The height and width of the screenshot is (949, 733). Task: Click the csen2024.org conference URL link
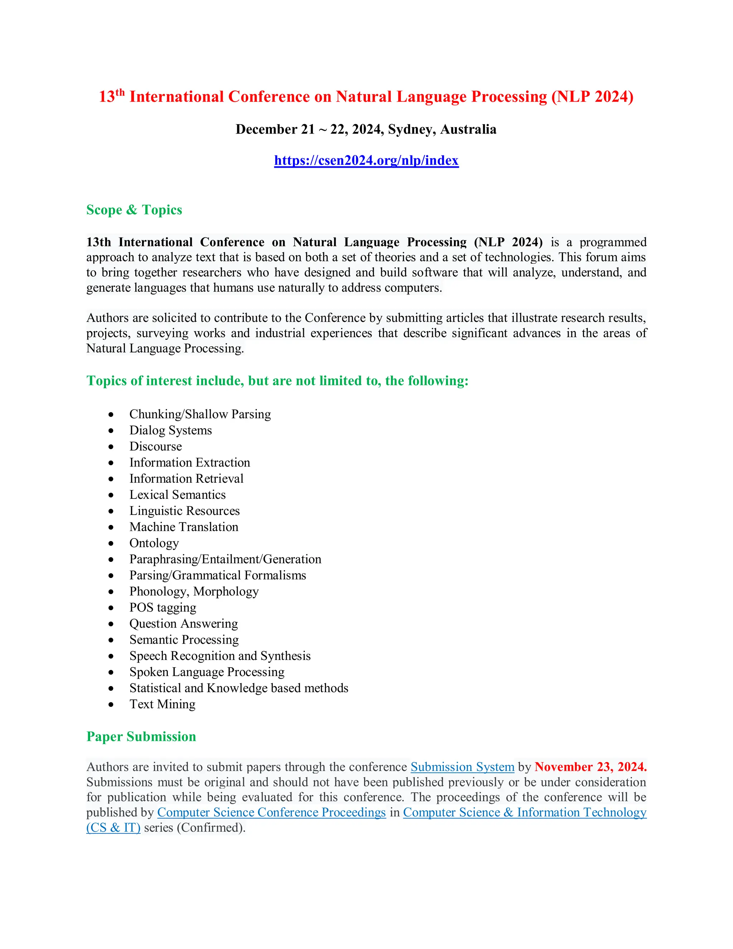tap(366, 160)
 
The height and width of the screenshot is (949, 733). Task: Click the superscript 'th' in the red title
tap(120, 92)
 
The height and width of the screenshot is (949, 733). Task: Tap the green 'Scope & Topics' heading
tap(134, 210)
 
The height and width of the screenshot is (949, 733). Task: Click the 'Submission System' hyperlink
tap(462, 767)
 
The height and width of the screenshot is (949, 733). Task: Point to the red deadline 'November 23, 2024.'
tap(591, 767)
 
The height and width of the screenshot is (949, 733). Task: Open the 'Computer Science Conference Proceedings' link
tap(271, 813)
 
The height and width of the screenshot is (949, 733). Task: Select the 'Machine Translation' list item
tap(184, 527)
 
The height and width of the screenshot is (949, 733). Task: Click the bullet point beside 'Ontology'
tap(111, 544)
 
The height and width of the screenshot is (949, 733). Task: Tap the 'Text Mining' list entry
tap(162, 704)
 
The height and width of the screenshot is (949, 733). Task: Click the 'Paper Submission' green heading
tap(141, 737)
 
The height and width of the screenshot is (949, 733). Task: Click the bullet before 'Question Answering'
tap(111, 625)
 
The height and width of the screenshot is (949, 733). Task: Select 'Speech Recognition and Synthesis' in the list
tap(220, 656)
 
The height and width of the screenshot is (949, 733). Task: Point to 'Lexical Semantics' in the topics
tap(177, 495)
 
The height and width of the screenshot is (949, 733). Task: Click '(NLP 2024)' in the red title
tap(592, 96)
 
